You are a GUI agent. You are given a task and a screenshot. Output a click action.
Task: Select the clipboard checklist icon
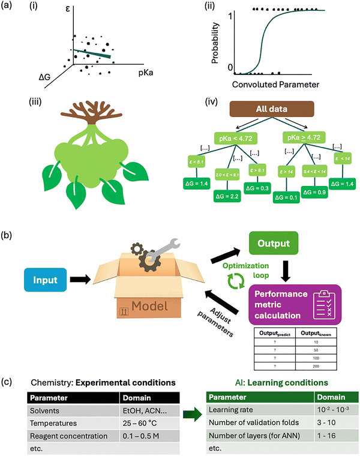click(x=320, y=306)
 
